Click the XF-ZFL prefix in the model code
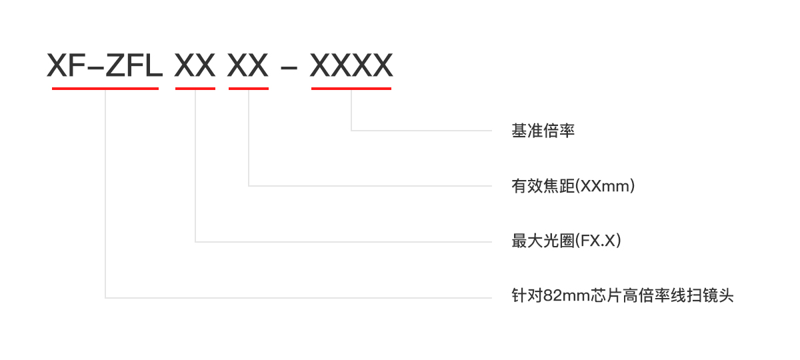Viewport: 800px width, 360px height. pyautogui.click(x=105, y=65)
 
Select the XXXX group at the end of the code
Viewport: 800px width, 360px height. pyautogui.click(x=351, y=65)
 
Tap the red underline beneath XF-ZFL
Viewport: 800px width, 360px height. pyautogui.click(x=105, y=89)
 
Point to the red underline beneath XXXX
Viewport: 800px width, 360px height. pyautogui.click(x=351, y=89)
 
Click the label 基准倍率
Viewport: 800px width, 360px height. pyautogui.click(x=543, y=131)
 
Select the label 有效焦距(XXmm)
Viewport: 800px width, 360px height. pyautogui.click(x=573, y=186)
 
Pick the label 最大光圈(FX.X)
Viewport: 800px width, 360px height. pyautogui.click(x=566, y=241)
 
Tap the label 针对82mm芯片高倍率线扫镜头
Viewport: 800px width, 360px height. pyautogui.click(x=623, y=296)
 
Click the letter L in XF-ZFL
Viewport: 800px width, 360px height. pyautogui.click(x=154, y=65)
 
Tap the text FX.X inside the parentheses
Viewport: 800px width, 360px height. pyautogui.click(x=598, y=241)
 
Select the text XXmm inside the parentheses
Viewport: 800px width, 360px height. pyautogui.click(x=604, y=186)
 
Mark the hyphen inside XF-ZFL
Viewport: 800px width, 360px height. pyautogui.click(x=95, y=67)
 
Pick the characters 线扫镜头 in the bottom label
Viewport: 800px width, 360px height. pyautogui.click(x=702, y=296)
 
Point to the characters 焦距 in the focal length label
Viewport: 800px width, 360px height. pyautogui.click(x=559, y=186)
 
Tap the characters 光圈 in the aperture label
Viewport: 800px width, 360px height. pyautogui.click(x=559, y=241)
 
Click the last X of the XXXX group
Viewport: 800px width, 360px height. pyautogui.click(x=383, y=65)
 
